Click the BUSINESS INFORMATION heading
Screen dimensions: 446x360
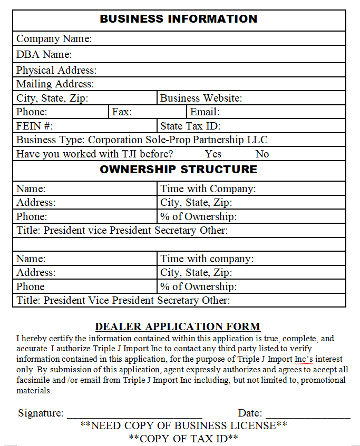pyautogui.click(x=179, y=19)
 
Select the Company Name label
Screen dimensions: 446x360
pyautogui.click(x=54, y=38)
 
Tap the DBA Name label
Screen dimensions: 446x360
pyautogui.click(x=44, y=54)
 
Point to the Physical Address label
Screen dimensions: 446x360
pyautogui.click(x=56, y=70)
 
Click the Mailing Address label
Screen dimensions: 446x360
pyautogui.click(x=55, y=84)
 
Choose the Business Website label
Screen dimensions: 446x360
pyautogui.click(x=201, y=98)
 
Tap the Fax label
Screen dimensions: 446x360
pyautogui.click(x=122, y=112)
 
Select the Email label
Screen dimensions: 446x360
pyautogui.click(x=205, y=112)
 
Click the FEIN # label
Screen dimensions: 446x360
pyautogui.click(x=34, y=126)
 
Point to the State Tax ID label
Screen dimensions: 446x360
pyautogui.click(x=190, y=126)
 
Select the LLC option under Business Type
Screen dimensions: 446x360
pyautogui.click(x=257, y=140)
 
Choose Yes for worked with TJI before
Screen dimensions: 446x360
pyautogui.click(x=213, y=154)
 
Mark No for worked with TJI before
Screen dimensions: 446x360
pyautogui.click(x=262, y=154)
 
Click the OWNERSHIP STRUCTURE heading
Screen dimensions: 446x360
pyautogui.click(x=179, y=170)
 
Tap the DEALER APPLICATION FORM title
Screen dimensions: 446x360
pyautogui.click(x=178, y=326)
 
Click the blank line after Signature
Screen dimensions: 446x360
pyautogui.click(x=134, y=413)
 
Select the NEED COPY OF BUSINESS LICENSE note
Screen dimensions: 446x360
pyautogui.click(x=183, y=425)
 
